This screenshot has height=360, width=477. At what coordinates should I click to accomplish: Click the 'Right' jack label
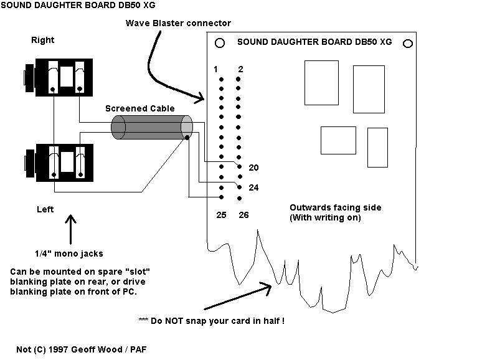click(x=42, y=40)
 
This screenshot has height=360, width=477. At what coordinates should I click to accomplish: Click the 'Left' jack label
click(x=45, y=209)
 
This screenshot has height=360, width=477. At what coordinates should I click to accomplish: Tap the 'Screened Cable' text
click(x=140, y=108)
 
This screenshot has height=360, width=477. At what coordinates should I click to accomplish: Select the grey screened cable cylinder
click(x=152, y=127)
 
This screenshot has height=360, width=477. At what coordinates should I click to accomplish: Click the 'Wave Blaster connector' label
click(x=178, y=23)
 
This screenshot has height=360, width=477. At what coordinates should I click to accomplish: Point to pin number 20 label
click(x=253, y=168)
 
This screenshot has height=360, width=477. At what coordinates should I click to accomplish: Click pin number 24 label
click(x=253, y=187)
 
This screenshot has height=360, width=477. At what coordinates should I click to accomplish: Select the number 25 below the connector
click(x=221, y=215)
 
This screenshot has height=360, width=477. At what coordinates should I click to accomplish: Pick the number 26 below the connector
click(x=243, y=215)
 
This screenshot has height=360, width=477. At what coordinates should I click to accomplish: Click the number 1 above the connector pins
click(x=215, y=69)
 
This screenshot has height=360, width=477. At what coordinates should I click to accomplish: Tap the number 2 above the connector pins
click(x=240, y=69)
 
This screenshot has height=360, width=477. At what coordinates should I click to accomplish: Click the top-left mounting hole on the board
click(x=220, y=43)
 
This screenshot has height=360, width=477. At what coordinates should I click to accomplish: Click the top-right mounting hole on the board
click(x=408, y=44)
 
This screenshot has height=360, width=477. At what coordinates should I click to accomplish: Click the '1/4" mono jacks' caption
click(x=69, y=253)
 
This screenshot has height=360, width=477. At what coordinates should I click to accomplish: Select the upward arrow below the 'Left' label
click(x=70, y=229)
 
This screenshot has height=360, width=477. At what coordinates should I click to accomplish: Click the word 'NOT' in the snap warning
click(x=174, y=321)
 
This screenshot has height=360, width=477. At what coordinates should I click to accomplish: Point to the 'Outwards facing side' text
click(x=336, y=207)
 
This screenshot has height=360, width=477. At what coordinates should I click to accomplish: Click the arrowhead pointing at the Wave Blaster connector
click(x=200, y=98)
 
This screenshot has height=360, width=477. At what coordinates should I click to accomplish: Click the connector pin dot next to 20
click(x=239, y=166)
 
